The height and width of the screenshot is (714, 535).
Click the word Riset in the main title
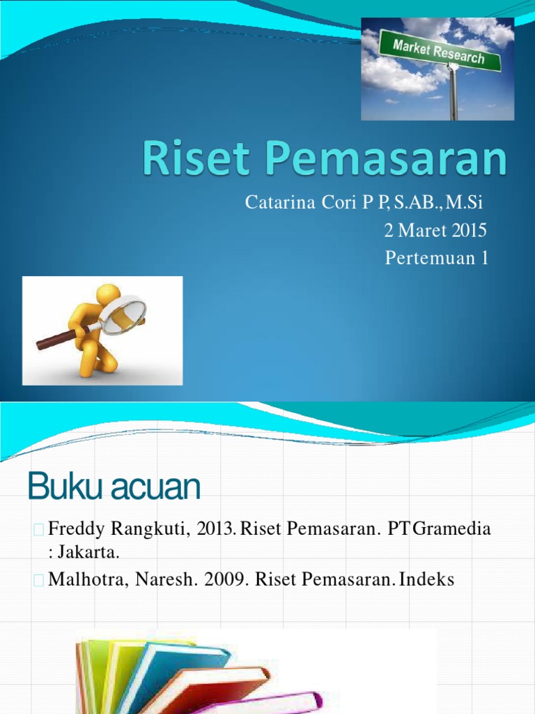point(183,160)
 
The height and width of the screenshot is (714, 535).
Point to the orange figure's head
point(107,294)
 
